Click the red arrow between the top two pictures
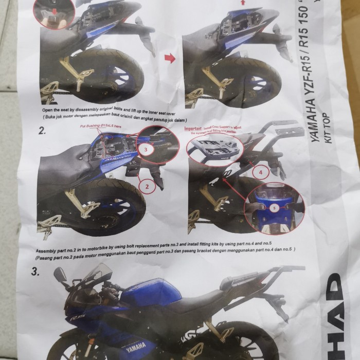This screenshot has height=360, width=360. pyautogui.click(x=169, y=58)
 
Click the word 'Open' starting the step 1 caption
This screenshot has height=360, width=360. pyautogui.click(x=48, y=110)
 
